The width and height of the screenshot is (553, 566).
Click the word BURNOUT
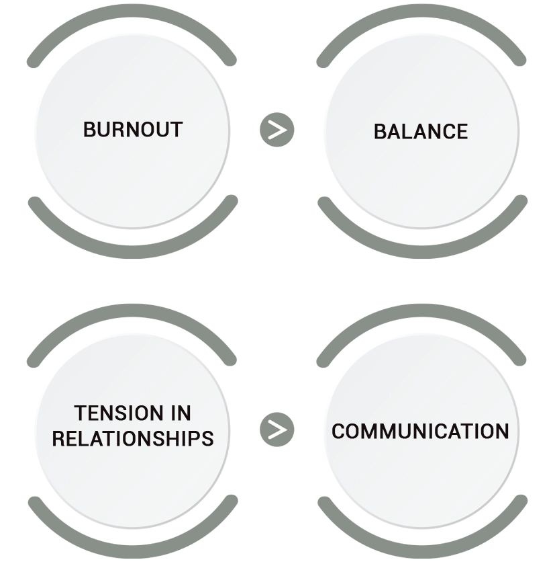pyautogui.click(x=132, y=129)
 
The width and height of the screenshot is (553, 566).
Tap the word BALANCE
pyautogui.click(x=421, y=131)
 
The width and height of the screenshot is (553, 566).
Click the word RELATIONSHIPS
pyautogui.click(x=133, y=438)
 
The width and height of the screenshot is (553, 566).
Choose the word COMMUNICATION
pyautogui.click(x=420, y=431)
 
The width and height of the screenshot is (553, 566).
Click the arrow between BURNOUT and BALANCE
pyautogui.click(x=276, y=129)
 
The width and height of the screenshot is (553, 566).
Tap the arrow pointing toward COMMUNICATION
pyautogui.click(x=276, y=429)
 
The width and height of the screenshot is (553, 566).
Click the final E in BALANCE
pyautogui.click(x=462, y=131)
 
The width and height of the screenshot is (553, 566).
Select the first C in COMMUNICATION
pyautogui.click(x=338, y=431)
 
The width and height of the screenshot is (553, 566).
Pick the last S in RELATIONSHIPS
pyautogui.click(x=207, y=438)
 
